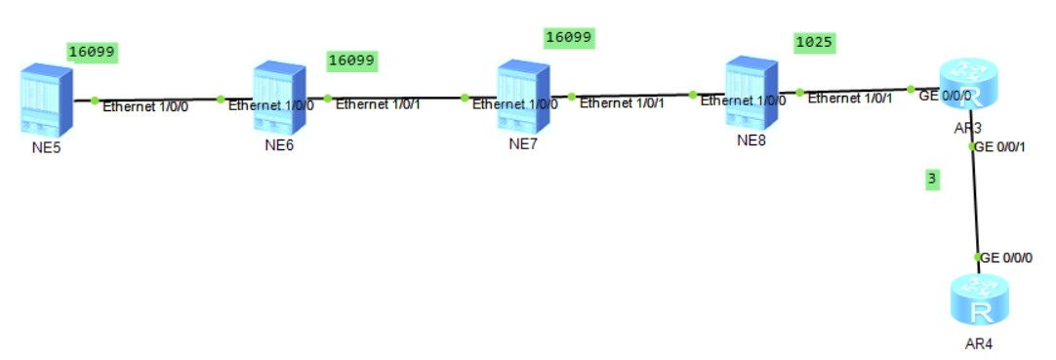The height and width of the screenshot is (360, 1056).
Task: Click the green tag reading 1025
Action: click(x=814, y=44)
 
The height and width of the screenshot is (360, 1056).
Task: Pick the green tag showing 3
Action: click(x=932, y=180)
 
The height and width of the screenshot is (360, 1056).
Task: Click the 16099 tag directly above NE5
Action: click(x=93, y=51)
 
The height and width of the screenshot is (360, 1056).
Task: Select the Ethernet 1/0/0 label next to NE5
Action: click(x=145, y=105)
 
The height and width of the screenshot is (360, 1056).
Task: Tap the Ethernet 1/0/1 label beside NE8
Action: click(x=849, y=98)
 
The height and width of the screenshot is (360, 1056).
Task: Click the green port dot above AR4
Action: click(x=977, y=257)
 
